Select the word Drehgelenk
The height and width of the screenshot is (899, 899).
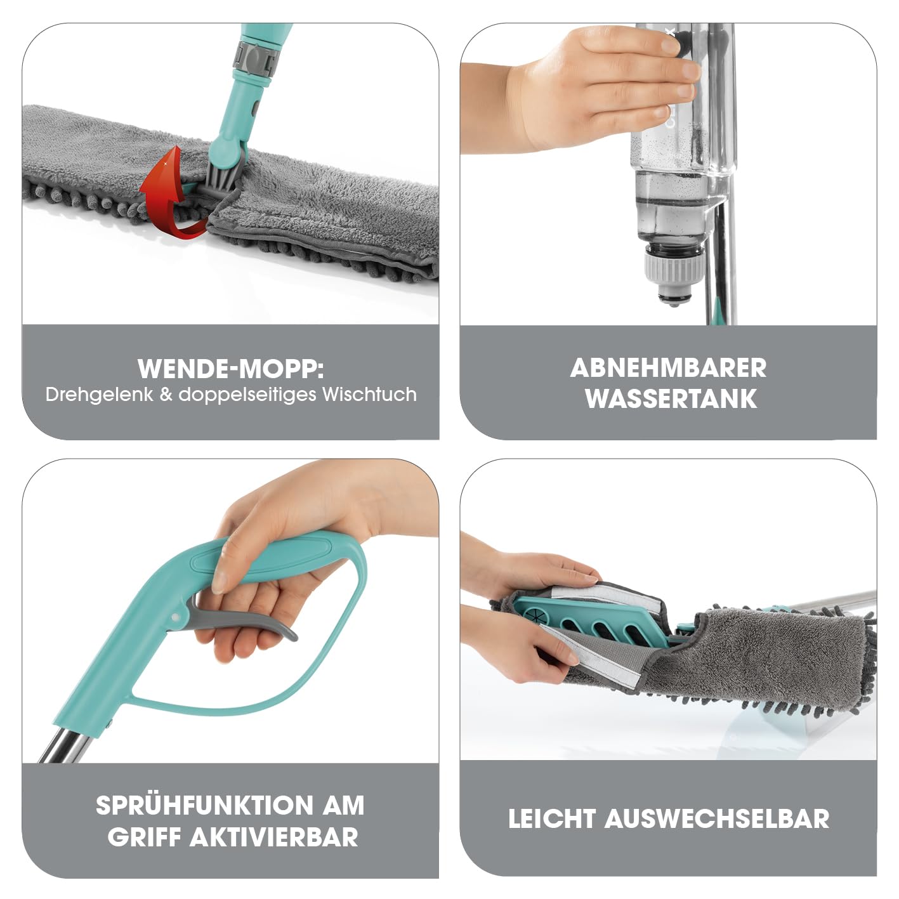coord(99,395)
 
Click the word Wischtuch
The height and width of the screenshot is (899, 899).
coord(369,395)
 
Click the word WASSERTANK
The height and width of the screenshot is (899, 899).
coord(671,399)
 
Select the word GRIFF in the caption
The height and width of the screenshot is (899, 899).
coord(144,837)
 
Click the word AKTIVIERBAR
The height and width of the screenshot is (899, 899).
coord(274,837)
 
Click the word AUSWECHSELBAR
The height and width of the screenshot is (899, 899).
coord(716,818)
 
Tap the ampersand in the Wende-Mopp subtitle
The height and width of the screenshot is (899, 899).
coord(166,395)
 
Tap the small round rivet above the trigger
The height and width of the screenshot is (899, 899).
coord(175,618)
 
